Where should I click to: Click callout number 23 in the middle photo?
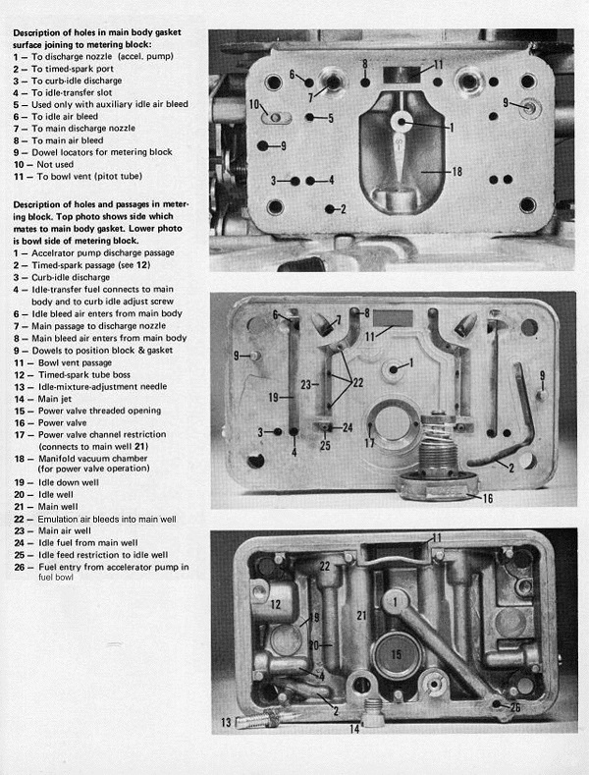[306, 385]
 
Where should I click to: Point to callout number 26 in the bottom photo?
[517, 706]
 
